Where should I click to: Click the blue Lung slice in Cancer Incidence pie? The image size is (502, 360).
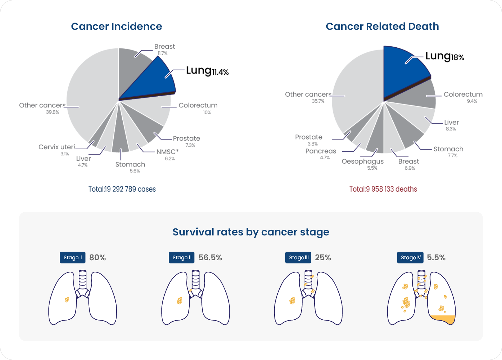click(153, 79)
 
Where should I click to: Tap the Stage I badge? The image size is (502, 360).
click(72, 257)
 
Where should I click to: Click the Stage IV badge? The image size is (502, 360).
click(410, 257)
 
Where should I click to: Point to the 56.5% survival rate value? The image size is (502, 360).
click(210, 257)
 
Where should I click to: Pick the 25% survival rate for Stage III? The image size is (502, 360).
click(323, 257)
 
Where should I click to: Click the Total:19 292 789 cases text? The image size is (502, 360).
click(122, 189)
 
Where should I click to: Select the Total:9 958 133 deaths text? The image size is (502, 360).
click(383, 189)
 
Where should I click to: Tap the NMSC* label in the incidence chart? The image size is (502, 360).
click(167, 152)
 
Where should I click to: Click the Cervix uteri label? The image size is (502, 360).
click(57, 147)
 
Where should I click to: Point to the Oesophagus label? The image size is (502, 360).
click(363, 161)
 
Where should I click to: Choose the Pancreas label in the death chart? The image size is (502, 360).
click(321, 151)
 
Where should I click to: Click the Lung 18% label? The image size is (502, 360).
click(444, 57)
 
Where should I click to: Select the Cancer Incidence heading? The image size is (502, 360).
click(116, 26)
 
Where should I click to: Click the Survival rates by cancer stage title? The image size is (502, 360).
click(251, 232)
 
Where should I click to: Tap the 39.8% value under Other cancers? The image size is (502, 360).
click(52, 112)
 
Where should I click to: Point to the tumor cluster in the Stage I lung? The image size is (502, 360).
click(67, 299)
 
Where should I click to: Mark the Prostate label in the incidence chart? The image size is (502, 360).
click(187, 139)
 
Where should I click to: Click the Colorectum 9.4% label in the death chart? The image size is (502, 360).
click(463, 95)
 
